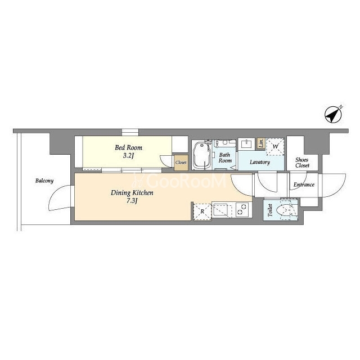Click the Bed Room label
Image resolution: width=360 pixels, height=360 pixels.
pyautogui.click(x=129, y=147)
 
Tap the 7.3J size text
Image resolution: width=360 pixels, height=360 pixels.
pyautogui.click(x=132, y=201)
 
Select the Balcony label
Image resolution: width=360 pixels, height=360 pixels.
pyautogui.click(x=44, y=181)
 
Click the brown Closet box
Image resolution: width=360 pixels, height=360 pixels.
pyautogui.click(x=181, y=163)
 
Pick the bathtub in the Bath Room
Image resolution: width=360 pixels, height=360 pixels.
pyautogui.click(x=201, y=155)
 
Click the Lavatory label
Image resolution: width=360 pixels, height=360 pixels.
pyautogui.click(x=260, y=162)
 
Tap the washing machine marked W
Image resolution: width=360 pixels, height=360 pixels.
pyautogui.click(x=275, y=146)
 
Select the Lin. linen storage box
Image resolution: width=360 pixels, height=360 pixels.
pyautogui.click(x=261, y=143)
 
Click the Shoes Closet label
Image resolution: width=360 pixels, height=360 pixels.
pyautogui.click(x=302, y=163)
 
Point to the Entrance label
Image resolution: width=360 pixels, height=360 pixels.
pyautogui.click(x=304, y=184)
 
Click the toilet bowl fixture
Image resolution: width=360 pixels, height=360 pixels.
pyautogui.click(x=284, y=210)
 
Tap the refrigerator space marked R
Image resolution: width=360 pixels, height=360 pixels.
pyautogui.click(x=202, y=211)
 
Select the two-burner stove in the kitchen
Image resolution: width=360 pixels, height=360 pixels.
pyautogui.click(x=242, y=210)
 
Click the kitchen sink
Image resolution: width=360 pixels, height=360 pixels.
pyautogui.click(x=220, y=210)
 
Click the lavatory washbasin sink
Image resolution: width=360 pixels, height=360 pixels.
pyautogui.click(x=246, y=144)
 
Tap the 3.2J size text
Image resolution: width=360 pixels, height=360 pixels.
pyautogui.click(x=128, y=156)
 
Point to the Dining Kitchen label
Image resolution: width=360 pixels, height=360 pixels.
pyautogui.click(x=132, y=193)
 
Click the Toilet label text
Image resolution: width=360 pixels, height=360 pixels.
pyautogui.click(x=270, y=210)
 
